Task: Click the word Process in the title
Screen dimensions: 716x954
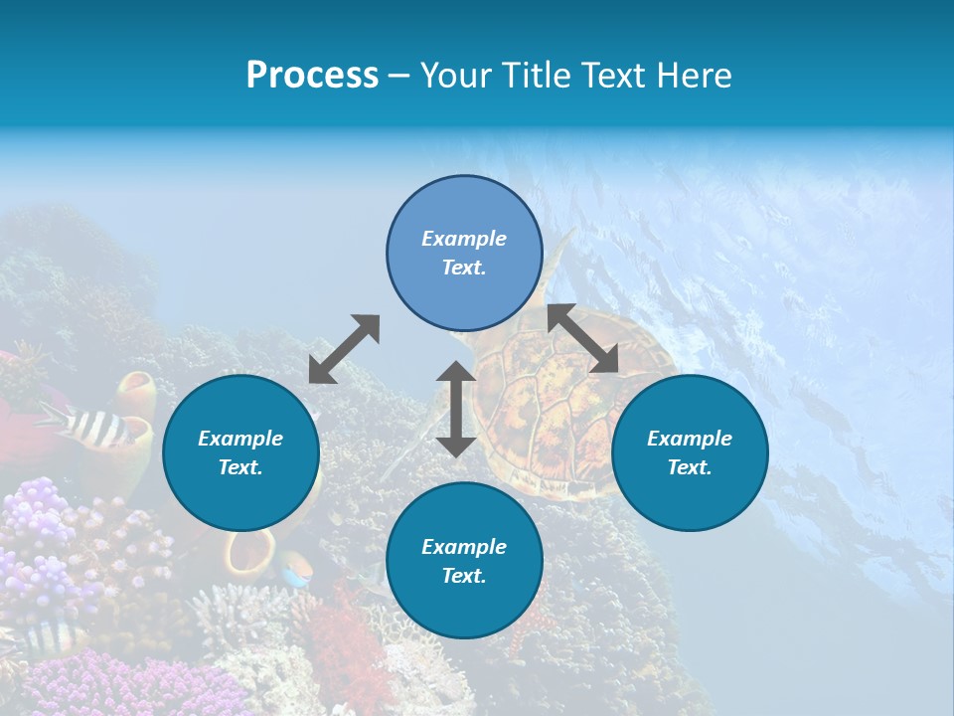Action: coord(312,76)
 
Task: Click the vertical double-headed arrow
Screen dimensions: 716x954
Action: coord(456,409)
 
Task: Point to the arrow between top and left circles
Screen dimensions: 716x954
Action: coord(344,349)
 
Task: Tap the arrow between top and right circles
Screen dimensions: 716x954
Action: coord(583,338)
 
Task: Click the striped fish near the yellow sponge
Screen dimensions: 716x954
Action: coord(94,425)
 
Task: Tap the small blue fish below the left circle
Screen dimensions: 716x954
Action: coord(294,571)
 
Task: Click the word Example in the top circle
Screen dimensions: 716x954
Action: coord(464,239)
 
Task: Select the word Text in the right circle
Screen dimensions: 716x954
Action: coord(689,467)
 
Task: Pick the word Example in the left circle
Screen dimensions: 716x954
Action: coord(240,439)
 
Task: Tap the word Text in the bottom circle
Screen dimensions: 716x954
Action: coord(463,576)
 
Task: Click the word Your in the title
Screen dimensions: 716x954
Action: coord(453,76)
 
